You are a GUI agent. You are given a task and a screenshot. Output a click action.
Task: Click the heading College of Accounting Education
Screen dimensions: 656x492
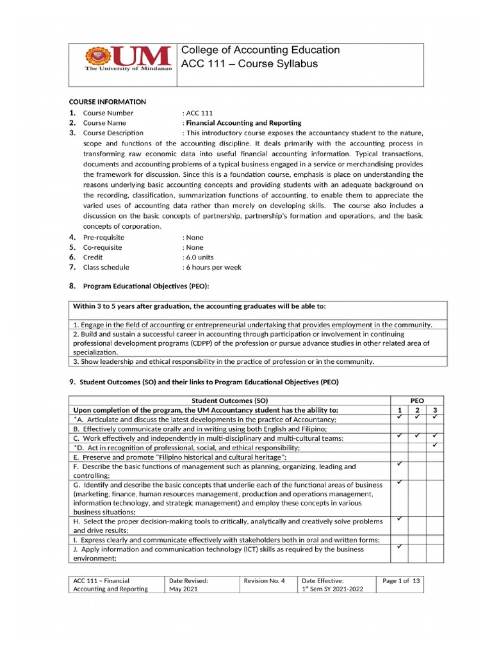[261, 50]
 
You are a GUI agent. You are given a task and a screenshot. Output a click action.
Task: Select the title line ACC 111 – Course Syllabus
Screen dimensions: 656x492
[250, 64]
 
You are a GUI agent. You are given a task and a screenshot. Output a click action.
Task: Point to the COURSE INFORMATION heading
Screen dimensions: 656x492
[108, 102]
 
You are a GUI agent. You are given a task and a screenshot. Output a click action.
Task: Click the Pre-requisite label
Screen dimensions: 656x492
[104, 237]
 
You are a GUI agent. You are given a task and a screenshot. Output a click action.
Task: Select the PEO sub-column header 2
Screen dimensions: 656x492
[417, 410]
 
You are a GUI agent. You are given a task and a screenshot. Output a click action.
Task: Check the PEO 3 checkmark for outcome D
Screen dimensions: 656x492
[435, 445]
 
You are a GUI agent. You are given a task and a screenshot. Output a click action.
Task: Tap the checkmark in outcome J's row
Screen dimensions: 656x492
[398, 546]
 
